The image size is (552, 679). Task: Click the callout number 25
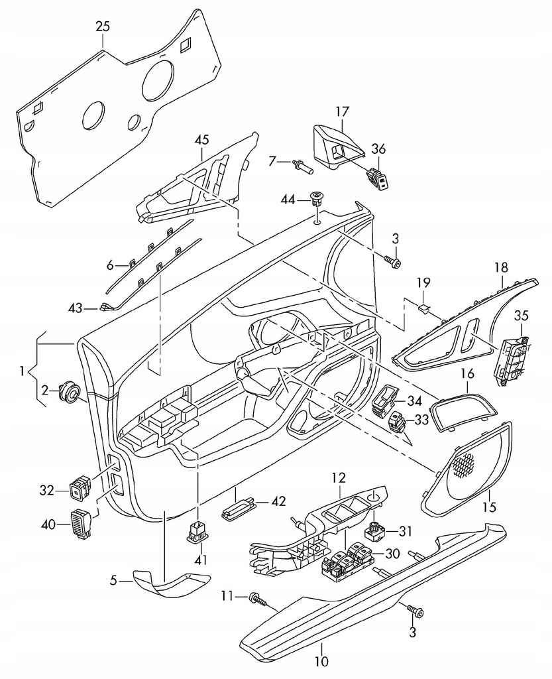click(103, 27)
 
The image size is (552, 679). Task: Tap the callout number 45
click(202, 139)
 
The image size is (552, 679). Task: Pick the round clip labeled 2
click(68, 392)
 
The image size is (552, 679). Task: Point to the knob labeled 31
click(375, 530)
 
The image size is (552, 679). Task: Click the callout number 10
click(320, 660)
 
